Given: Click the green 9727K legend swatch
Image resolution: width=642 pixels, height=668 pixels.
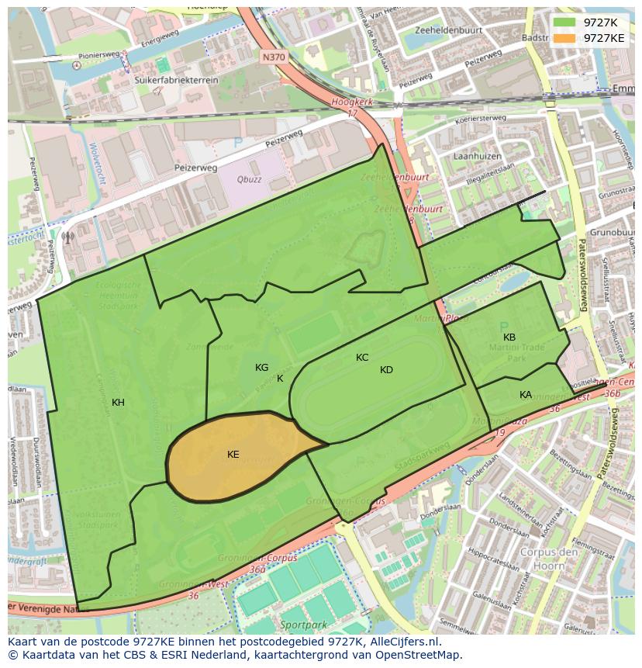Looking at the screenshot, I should coord(564,22).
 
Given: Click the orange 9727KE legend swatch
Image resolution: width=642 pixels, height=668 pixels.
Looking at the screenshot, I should coord(564,37).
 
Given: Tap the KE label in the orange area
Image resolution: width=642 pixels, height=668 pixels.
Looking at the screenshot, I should coord(233,455).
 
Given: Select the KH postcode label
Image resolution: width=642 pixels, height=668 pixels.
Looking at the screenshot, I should coord(118,403).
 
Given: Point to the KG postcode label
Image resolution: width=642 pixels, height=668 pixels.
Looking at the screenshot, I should coord(261,368).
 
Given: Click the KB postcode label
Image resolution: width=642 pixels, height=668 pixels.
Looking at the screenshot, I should coord(509,337).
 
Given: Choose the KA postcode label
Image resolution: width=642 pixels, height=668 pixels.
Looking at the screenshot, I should coord(526,395).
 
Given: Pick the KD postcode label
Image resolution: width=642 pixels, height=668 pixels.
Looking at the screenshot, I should coord(386,370).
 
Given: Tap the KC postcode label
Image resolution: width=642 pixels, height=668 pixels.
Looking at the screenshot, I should coord(362,358).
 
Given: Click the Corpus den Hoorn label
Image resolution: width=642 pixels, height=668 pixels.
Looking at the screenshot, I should coord(549,559).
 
